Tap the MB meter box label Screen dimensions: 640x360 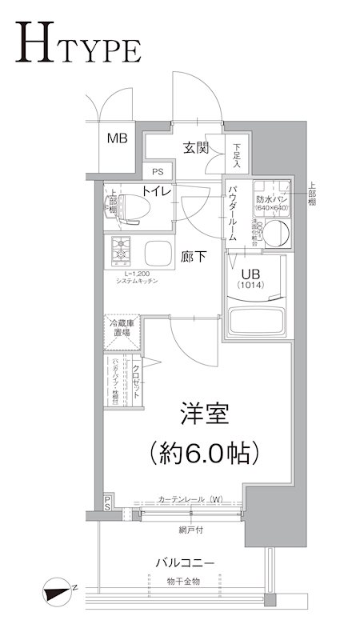[x=118, y=138]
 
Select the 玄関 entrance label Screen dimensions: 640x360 [x=195, y=147]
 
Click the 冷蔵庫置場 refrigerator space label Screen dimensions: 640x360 [x=122, y=327]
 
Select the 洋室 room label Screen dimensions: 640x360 [x=204, y=416]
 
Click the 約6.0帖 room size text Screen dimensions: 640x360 [x=204, y=454]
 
